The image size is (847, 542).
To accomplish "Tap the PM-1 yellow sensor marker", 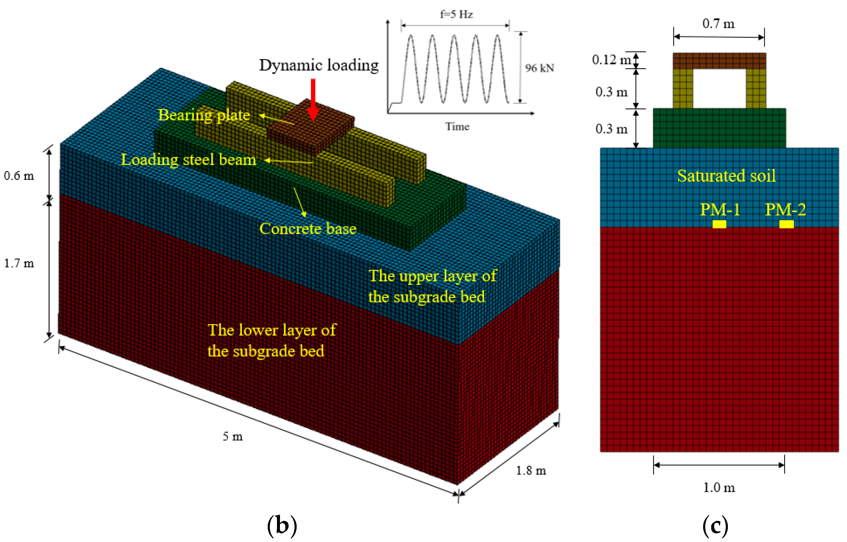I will tap(719, 224).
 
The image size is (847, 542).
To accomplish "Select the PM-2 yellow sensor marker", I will tap(786, 224).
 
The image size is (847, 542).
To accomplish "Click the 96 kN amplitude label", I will tap(539, 68).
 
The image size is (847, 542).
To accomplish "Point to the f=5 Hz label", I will tap(456, 14).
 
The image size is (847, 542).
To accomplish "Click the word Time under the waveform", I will tap(457, 126).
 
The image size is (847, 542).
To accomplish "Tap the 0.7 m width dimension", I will tap(718, 24).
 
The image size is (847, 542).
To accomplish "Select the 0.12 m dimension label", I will tap(611, 60).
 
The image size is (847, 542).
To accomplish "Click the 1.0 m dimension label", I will tap(719, 487).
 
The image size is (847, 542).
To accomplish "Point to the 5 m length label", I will tap(233, 437).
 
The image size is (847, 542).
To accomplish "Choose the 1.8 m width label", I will tap(531, 470).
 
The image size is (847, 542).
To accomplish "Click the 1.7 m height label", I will tap(19, 263).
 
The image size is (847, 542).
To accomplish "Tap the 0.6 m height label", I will tap(19, 176).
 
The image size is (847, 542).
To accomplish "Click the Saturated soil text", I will tap(726, 176).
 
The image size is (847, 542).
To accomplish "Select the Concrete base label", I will tap(308, 229).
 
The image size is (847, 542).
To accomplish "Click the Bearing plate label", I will tap(204, 115).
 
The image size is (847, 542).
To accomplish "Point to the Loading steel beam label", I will tap(189, 160).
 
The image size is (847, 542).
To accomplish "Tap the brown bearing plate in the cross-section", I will tap(719, 61).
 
